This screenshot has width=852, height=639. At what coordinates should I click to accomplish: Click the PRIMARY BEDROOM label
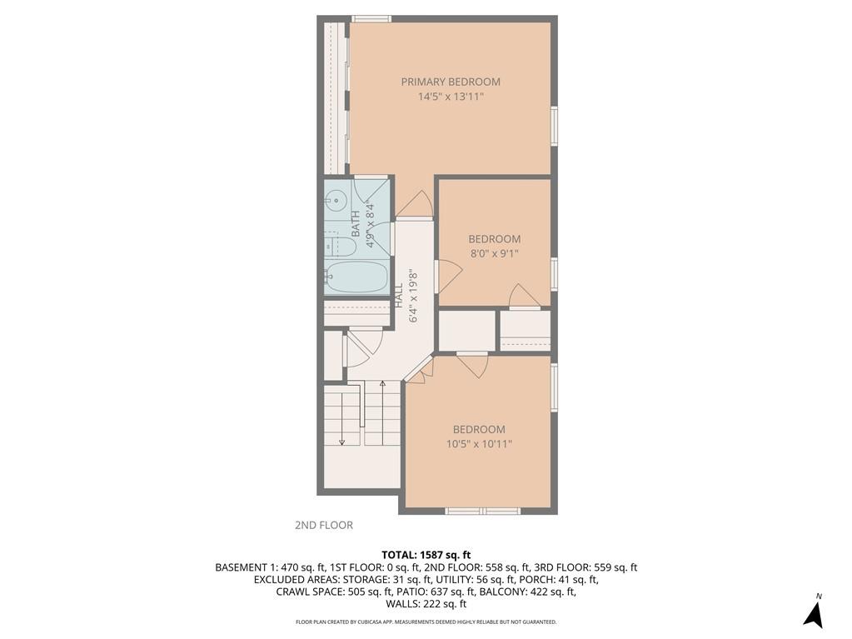pos(451,82)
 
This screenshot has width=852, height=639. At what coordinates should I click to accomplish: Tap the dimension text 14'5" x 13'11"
pos(451,97)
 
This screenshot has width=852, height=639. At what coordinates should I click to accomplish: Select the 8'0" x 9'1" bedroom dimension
pos(494,253)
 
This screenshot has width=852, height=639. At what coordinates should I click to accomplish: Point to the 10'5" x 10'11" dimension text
pos(479,444)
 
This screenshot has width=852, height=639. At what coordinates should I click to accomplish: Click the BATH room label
pos(356,223)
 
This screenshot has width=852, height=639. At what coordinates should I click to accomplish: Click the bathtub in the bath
pos(356,277)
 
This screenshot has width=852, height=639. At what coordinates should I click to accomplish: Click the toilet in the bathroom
pos(333,245)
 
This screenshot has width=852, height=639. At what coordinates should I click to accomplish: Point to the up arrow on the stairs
pos(382,385)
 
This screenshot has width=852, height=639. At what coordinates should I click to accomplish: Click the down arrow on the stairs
pos(341,441)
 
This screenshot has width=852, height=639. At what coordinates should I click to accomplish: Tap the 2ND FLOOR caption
pos(324,525)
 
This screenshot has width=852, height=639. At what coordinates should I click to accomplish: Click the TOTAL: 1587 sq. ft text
pos(426,555)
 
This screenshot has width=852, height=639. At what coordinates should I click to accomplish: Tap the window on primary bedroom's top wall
pos(371,18)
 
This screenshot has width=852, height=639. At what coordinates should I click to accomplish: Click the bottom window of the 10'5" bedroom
pos(482,510)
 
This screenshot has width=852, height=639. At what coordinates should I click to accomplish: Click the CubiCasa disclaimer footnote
pos(426,622)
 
